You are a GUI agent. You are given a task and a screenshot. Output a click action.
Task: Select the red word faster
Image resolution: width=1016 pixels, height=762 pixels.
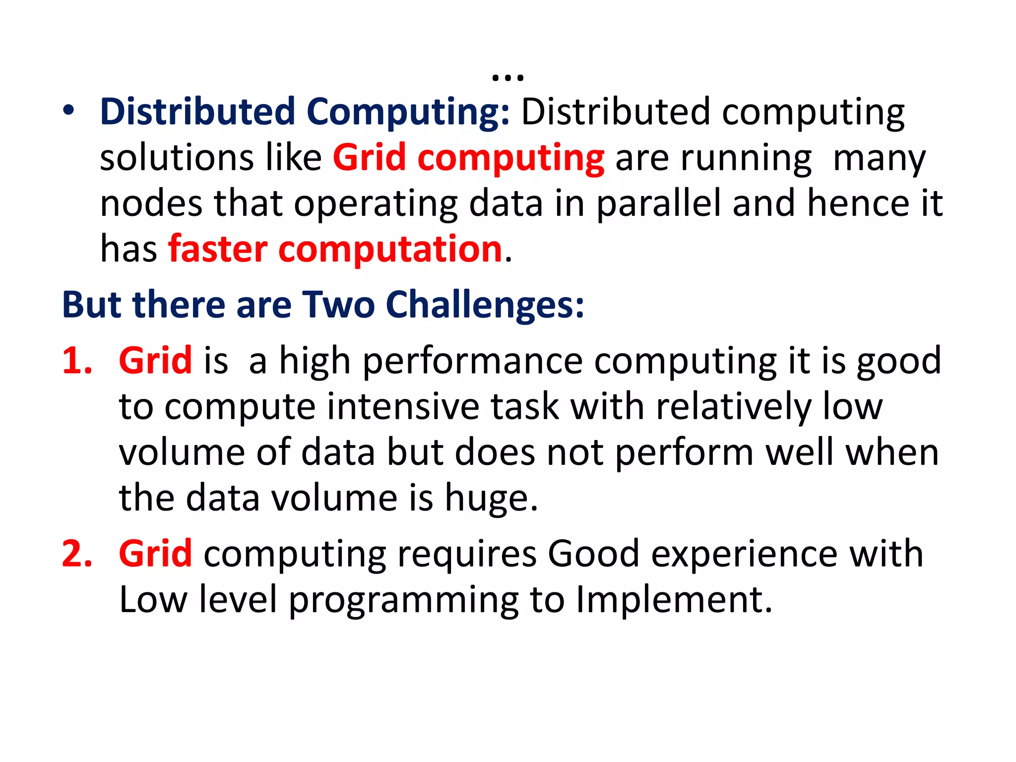tap(218, 249)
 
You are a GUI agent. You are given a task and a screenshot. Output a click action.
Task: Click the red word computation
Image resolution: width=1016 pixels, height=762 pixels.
tap(390, 250)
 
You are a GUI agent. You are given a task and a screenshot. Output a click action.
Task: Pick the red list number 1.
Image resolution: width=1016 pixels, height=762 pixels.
tap(77, 361)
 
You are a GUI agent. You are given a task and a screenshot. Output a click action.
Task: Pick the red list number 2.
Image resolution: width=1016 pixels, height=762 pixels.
tap(77, 554)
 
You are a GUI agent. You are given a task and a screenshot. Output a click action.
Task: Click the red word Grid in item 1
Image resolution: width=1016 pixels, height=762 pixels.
tap(155, 361)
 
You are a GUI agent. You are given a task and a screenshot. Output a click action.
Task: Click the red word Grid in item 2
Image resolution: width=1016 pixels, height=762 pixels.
tap(155, 554)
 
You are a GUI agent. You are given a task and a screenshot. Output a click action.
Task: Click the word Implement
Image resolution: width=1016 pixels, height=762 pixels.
tap(673, 600)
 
